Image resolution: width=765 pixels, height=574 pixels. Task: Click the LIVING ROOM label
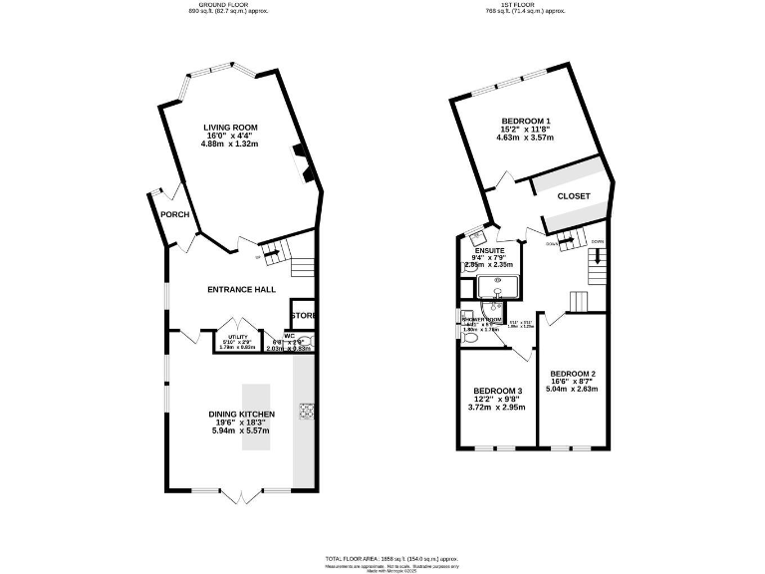click(x=230, y=128)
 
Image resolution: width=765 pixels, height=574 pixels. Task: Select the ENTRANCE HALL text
click(x=241, y=289)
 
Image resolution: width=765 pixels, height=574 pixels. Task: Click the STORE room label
click(x=304, y=316)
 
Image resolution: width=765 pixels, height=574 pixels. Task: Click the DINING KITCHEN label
click(x=241, y=414)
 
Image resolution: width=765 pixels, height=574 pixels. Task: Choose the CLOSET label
click(x=574, y=196)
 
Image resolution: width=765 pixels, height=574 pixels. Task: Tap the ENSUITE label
click(x=488, y=251)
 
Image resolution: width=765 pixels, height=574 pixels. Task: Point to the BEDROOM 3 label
click(x=497, y=390)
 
